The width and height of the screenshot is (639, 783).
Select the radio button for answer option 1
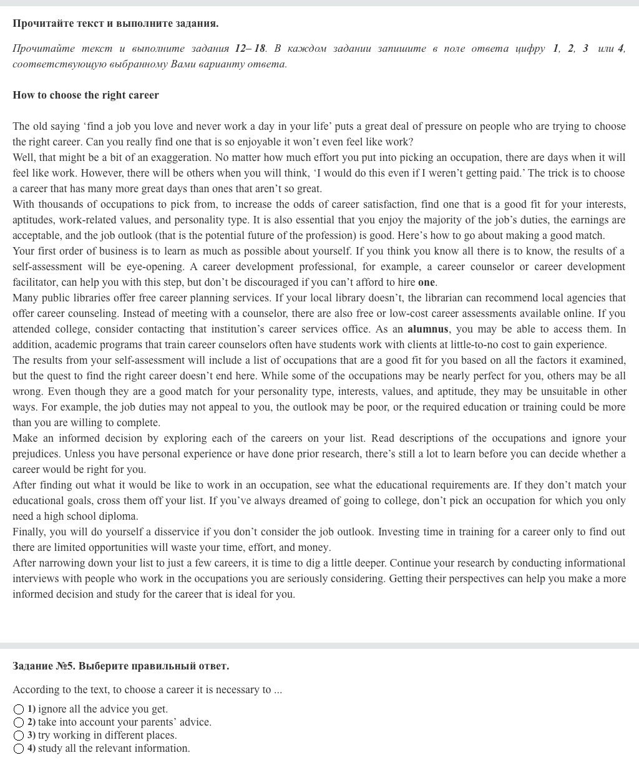point(19,709)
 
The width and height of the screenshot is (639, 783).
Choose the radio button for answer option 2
point(19,722)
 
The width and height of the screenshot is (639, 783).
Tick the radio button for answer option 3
point(19,736)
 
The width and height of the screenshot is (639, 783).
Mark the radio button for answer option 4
point(19,749)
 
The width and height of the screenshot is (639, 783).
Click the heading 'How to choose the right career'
point(85,95)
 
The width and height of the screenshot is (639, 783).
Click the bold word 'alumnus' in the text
point(427,329)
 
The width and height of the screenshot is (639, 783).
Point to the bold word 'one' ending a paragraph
point(426,283)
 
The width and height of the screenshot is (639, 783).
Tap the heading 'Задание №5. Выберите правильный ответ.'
point(120,666)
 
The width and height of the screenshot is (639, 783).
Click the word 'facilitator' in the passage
point(36,283)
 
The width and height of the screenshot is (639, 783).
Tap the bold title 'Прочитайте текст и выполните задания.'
point(115,24)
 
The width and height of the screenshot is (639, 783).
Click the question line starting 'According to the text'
point(147,690)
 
